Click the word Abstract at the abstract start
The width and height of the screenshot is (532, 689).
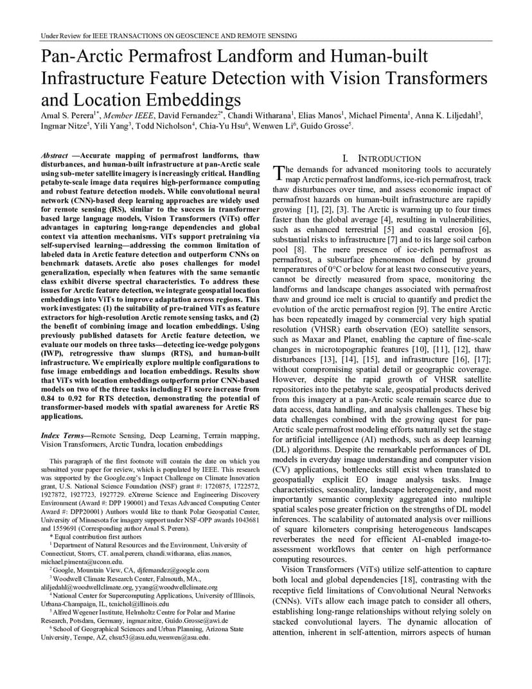(55, 156)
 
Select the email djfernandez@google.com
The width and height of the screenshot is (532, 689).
(167, 570)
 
